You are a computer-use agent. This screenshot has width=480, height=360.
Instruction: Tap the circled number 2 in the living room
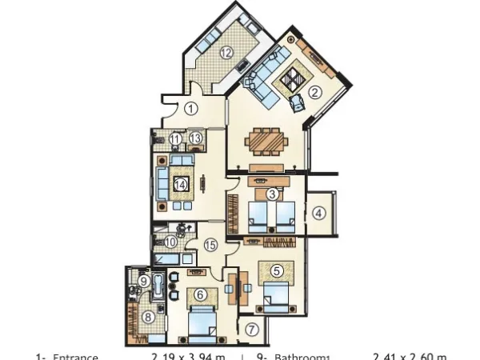(315, 92)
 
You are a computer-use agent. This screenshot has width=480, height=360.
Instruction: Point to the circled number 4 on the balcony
(318, 214)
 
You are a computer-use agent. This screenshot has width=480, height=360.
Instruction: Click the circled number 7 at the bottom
(276, 270)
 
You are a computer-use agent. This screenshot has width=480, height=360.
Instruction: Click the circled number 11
(175, 138)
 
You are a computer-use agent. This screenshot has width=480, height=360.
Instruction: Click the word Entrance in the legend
(75, 357)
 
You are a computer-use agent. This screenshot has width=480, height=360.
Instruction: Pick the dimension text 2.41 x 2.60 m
(410, 357)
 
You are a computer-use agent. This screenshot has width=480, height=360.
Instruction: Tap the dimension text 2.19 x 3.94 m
(189, 357)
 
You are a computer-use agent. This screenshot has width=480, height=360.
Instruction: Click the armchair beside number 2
(298, 102)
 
